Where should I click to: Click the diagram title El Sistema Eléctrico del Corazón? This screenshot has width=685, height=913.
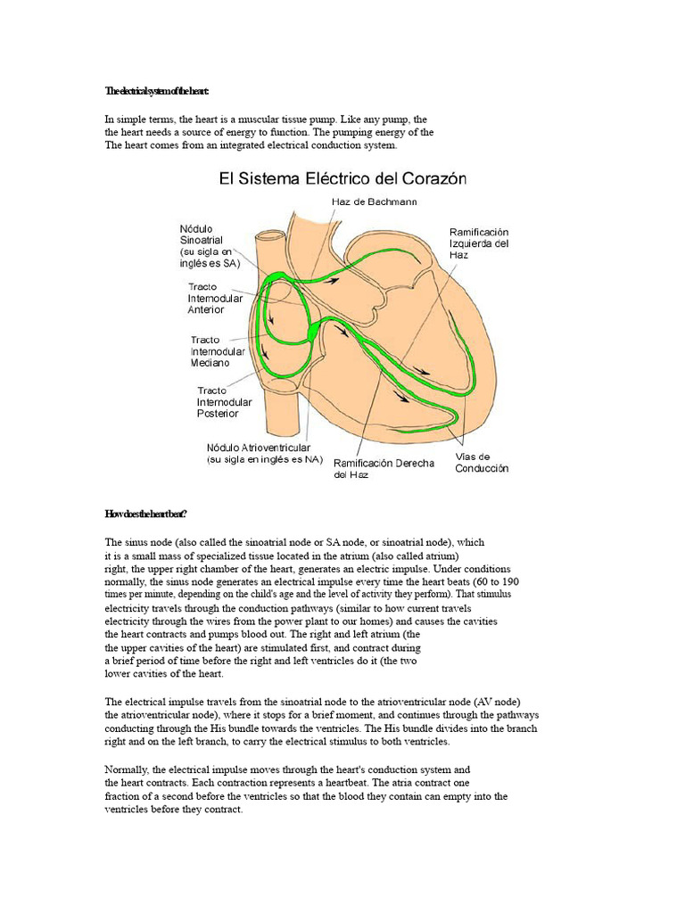344,178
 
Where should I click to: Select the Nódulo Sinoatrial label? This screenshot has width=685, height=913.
206,245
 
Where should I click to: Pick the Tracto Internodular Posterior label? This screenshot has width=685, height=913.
224,402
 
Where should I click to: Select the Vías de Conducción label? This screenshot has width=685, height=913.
482,463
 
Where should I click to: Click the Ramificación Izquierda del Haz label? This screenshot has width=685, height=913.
480,243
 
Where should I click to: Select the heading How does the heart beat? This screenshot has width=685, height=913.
145,514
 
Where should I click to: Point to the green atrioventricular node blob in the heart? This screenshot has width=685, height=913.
314,333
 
